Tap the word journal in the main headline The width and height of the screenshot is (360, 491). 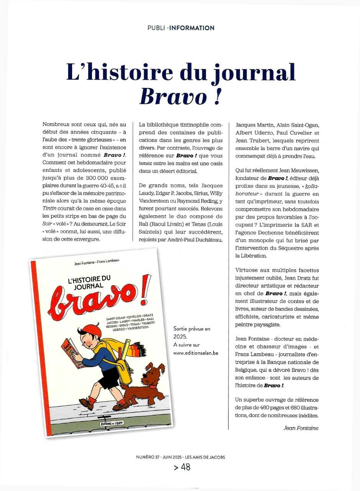[249, 72]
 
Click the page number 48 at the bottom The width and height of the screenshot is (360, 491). [186, 467]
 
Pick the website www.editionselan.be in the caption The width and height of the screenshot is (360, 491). [196, 353]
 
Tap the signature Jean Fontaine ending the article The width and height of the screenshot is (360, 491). [301, 428]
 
